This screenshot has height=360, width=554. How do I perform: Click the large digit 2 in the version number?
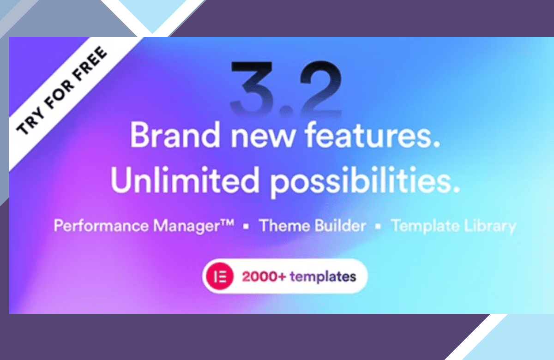pos(321,88)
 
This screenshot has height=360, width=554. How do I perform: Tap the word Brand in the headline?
pos(175,135)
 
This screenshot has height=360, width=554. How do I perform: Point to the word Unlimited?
pos(185,180)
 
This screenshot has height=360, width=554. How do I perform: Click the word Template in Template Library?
pos(425,226)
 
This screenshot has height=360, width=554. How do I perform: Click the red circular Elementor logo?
pos(220,276)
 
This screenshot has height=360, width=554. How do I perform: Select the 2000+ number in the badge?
pos(264,276)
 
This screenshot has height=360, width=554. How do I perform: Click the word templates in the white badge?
pos(323,276)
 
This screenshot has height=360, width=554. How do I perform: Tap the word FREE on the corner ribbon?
pos(90,64)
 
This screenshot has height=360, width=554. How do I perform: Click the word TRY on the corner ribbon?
pos(30,122)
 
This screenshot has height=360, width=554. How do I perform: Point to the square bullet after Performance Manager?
pos(246,226)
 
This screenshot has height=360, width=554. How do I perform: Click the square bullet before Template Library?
pos(378,226)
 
